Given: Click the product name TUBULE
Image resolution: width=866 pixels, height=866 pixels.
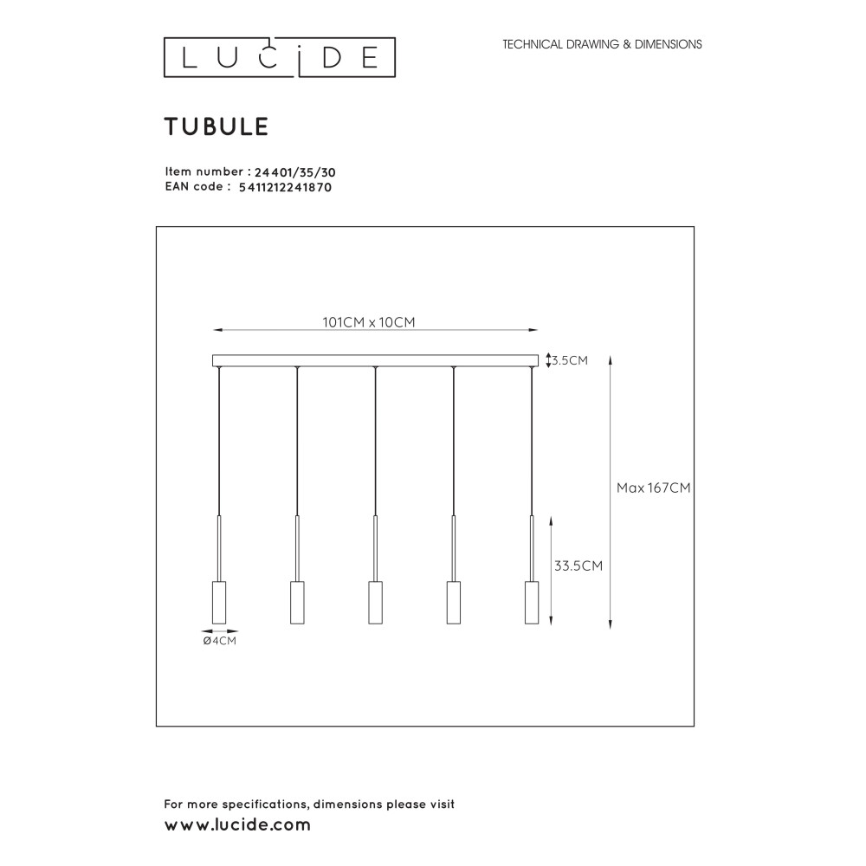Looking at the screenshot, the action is [x=216, y=126].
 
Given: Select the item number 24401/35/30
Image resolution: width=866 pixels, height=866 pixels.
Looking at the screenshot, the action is [x=295, y=172].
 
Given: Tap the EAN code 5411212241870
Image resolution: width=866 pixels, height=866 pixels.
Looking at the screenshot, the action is [x=285, y=187].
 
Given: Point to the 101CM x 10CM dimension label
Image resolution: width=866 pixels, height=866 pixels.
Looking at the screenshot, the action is [x=368, y=322].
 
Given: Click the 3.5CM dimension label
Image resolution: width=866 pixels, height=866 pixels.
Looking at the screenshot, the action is [x=570, y=360].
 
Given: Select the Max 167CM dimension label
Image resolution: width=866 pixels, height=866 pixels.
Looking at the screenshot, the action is [x=653, y=488].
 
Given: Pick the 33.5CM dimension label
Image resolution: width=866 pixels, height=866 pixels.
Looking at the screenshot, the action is [x=578, y=565].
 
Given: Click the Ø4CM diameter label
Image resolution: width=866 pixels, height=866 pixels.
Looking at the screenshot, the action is [x=220, y=641].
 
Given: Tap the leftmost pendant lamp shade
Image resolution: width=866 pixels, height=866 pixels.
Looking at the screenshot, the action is [x=219, y=603].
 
